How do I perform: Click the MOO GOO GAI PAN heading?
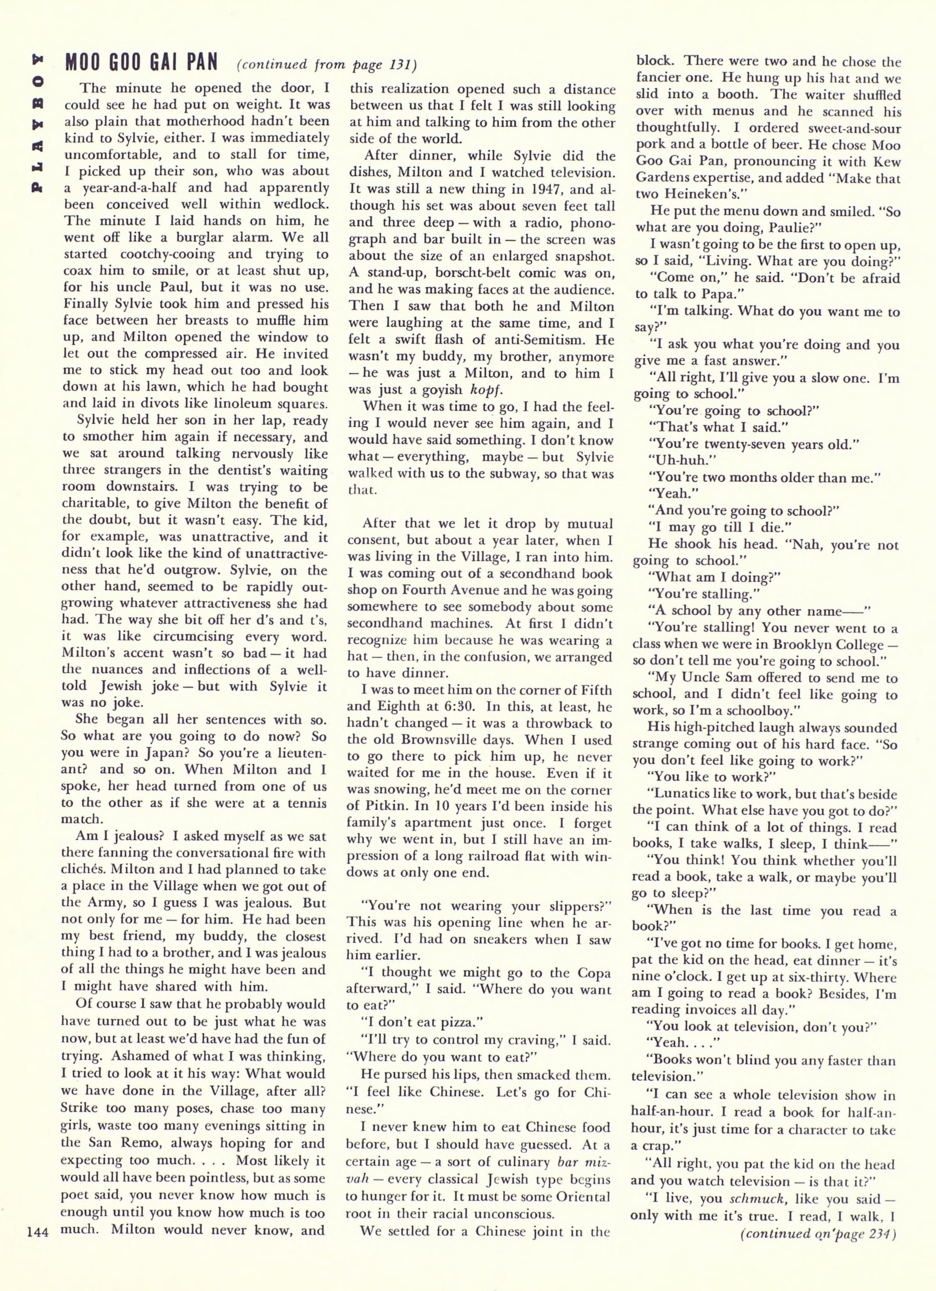pyautogui.click(x=141, y=63)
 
